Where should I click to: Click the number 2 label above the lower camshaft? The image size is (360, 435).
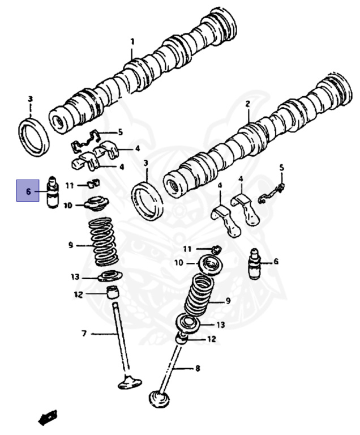click(x=247, y=104)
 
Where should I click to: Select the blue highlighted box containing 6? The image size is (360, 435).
click(x=29, y=191)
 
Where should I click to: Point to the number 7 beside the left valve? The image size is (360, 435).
click(x=84, y=334)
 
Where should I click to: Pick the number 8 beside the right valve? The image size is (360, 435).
click(x=198, y=369)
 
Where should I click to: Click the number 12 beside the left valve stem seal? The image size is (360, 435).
click(x=79, y=295)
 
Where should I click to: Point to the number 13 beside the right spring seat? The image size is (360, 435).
click(x=221, y=325)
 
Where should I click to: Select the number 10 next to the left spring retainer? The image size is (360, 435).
click(x=68, y=205)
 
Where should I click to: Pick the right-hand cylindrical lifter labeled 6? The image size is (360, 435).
click(x=255, y=265)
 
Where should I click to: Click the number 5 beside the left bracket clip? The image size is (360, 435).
click(x=120, y=132)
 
